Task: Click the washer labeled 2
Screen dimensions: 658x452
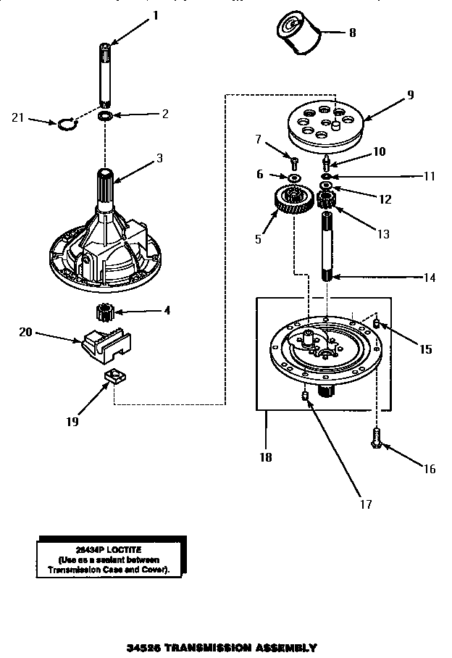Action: pyautogui.click(x=105, y=116)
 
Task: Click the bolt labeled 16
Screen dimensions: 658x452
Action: pyautogui.click(x=377, y=436)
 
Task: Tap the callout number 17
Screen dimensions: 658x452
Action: pyautogui.click(x=345, y=501)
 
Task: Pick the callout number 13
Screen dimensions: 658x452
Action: pyautogui.click(x=383, y=233)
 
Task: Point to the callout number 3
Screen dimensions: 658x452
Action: pyautogui.click(x=159, y=158)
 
